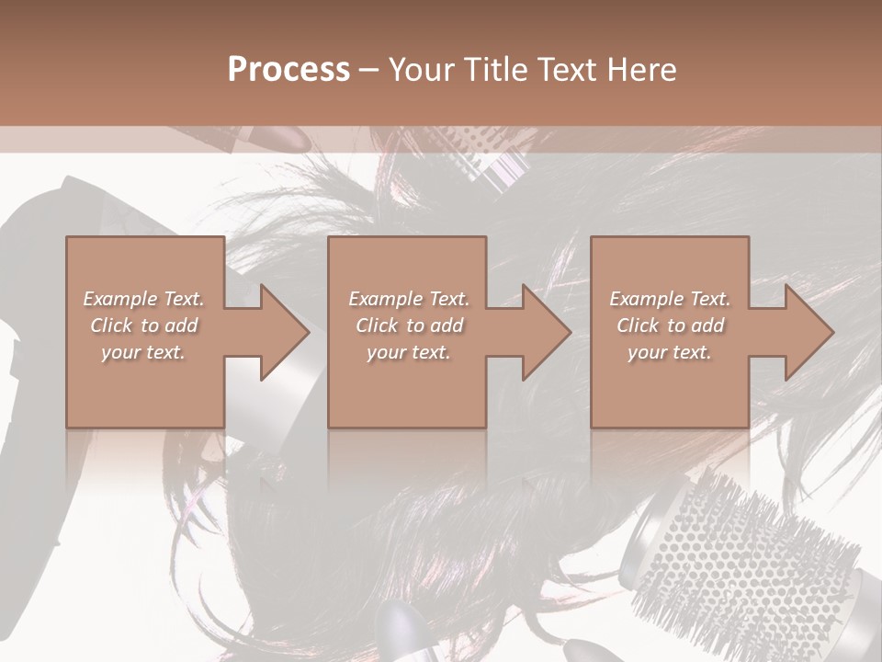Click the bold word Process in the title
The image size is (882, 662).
tap(288, 70)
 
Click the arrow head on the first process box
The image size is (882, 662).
tap(281, 333)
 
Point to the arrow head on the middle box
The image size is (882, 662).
tap(543, 333)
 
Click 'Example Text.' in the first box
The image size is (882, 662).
tap(143, 299)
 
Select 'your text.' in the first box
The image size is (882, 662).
tap(143, 352)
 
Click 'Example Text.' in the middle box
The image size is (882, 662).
tap(409, 299)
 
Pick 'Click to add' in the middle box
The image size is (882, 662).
tap(409, 325)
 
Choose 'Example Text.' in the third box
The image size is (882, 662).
tap(670, 299)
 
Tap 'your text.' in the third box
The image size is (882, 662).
tap(670, 352)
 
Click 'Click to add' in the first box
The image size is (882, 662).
tap(143, 325)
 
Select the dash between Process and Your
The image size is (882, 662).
tap(369, 70)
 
